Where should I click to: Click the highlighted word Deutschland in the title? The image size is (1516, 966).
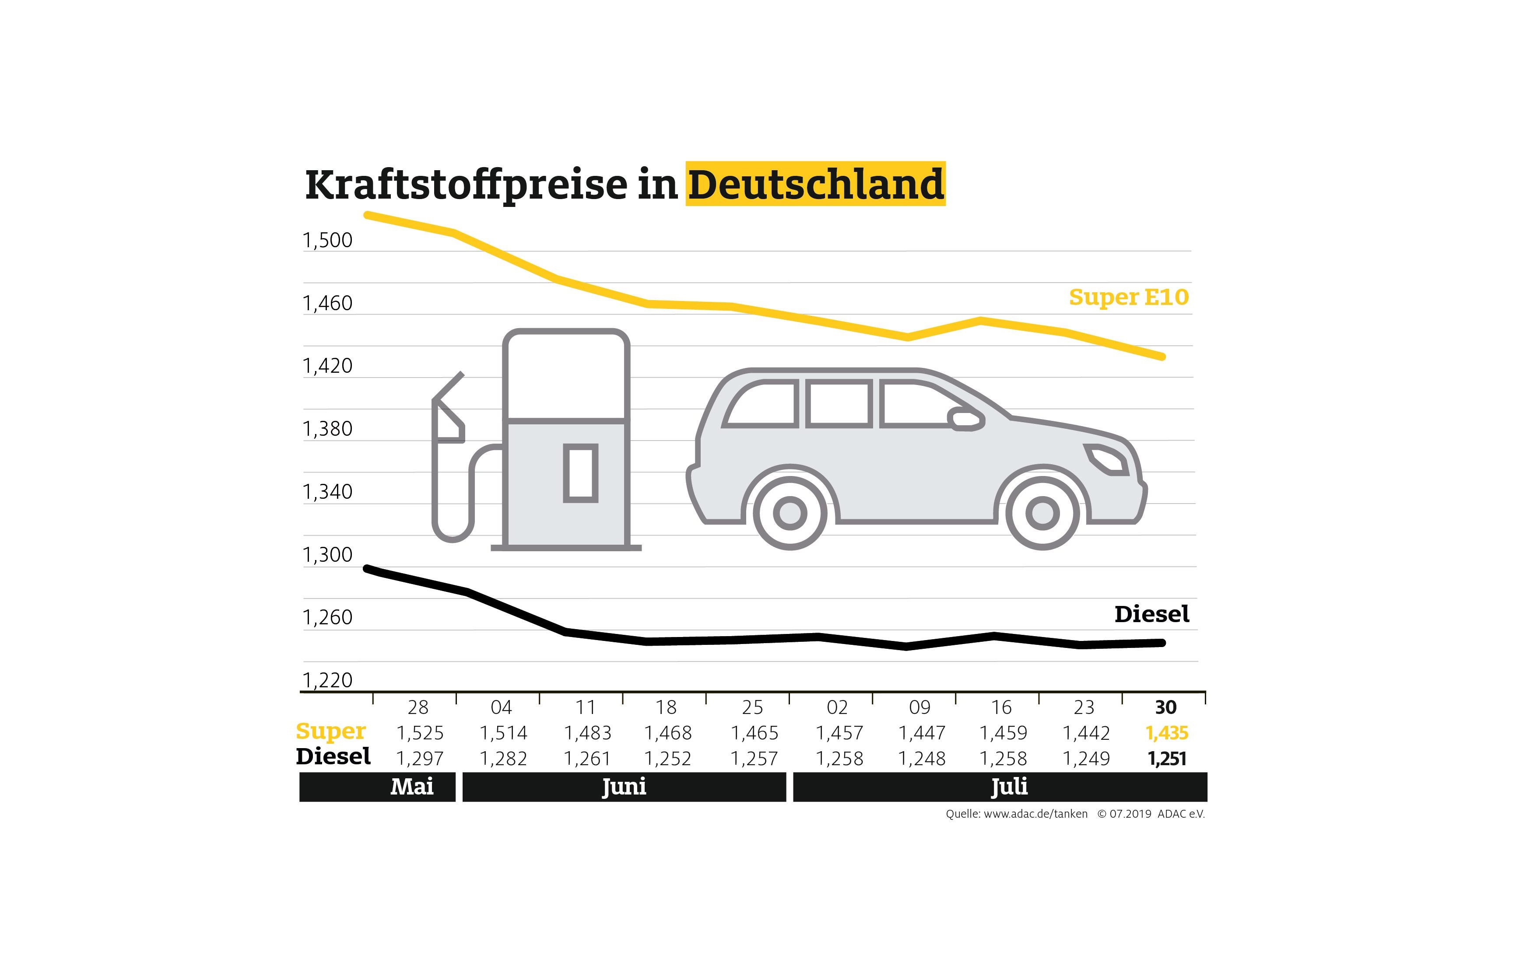coord(815,184)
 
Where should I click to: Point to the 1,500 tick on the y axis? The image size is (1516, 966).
coord(327,240)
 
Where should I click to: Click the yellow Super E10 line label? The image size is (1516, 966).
coord(1128,297)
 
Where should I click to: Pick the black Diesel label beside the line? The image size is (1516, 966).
coord(1151,614)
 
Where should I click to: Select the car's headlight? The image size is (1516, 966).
coord(1106,459)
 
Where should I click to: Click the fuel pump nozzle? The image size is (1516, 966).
coord(448,409)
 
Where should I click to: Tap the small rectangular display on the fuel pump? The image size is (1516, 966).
coord(580,472)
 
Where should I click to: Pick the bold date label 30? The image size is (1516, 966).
coord(1165,707)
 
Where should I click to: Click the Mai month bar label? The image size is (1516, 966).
coord(412,787)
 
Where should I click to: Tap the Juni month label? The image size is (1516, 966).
coord(624,787)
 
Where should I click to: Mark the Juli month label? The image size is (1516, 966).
coord(1009,787)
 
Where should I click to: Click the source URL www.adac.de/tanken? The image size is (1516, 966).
coord(1035,814)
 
